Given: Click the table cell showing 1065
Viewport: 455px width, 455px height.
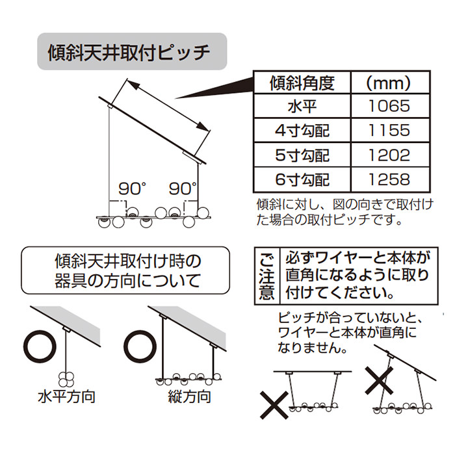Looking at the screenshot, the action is tap(389, 106).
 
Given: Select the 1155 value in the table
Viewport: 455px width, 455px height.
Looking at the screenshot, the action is tap(389, 130).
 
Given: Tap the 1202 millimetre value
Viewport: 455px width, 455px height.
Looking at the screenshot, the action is tap(389, 155).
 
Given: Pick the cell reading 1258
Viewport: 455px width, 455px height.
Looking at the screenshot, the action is tap(389, 179).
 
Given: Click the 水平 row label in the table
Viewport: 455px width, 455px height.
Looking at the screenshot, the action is tap(302, 106).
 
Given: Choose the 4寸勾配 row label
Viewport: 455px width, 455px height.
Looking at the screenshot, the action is tap(302, 131).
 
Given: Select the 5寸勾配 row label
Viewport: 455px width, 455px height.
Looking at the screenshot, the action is tap(302, 155).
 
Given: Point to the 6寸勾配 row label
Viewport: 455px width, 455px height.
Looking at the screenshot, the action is tap(302, 179).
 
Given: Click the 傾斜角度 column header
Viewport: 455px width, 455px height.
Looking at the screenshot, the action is tap(302, 83).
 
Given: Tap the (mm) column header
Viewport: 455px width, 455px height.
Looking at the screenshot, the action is tap(389, 83).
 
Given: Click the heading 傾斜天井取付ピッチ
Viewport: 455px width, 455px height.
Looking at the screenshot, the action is tap(129, 52).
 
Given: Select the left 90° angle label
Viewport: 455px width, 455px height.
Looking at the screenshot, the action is tap(132, 189).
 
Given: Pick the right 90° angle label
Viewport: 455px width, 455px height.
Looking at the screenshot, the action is tap(183, 189).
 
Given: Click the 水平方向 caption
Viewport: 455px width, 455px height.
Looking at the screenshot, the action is tap(66, 396).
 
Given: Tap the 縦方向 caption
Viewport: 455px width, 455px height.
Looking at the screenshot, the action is tap(190, 396).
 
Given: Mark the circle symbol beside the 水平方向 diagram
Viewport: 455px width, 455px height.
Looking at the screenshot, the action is tap(40, 347).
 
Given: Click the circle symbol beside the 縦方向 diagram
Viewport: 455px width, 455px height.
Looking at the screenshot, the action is tap(140, 347).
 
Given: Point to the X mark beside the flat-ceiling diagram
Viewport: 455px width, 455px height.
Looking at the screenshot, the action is tap(274, 405).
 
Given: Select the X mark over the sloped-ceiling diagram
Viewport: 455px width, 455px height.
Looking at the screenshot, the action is tap(379, 380).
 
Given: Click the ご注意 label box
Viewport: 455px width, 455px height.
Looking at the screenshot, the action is tap(267, 276).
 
